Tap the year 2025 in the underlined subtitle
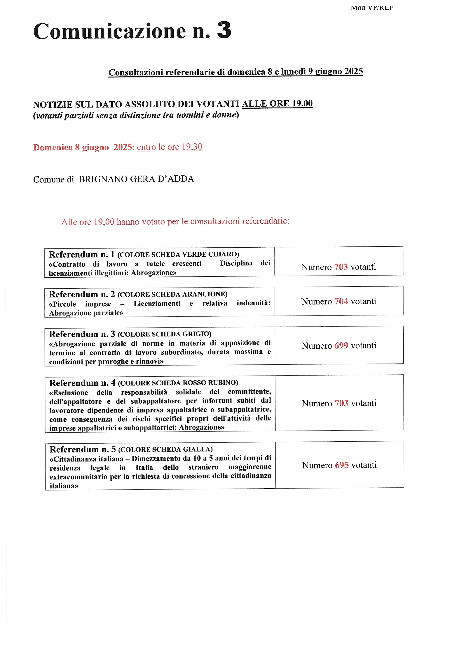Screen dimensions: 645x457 pyautogui.click(x=353, y=71)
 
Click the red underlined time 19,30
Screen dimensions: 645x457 pyautogui.click(x=192, y=147)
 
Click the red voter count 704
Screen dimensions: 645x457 pyautogui.click(x=341, y=301)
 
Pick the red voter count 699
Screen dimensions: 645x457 pyautogui.click(x=341, y=345)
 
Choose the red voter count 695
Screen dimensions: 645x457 pyautogui.click(x=342, y=465)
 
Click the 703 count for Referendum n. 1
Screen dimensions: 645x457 pyautogui.click(x=341, y=267)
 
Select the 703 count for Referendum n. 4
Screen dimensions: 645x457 pyautogui.click(x=341, y=403)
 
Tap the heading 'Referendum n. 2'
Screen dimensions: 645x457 pyautogui.click(x=82, y=294)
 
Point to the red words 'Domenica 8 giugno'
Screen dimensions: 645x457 pyautogui.click(x=71, y=147)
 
